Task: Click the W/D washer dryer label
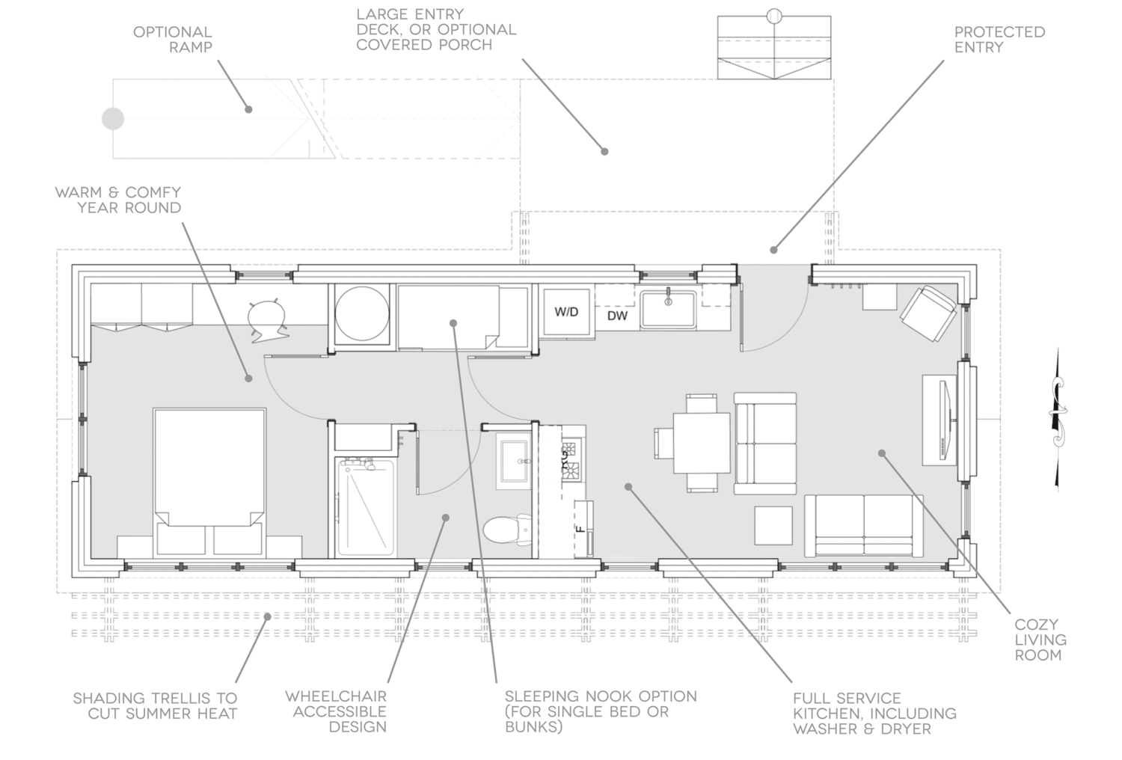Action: click(566, 312)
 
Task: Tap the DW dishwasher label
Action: click(617, 316)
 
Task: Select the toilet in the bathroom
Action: click(507, 529)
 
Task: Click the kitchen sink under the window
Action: click(668, 309)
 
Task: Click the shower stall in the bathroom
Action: click(365, 507)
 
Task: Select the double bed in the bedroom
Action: click(209, 482)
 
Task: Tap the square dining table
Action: click(702, 443)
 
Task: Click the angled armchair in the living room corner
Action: click(928, 313)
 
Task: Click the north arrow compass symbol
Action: click(1058, 419)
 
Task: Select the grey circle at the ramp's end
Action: click(113, 119)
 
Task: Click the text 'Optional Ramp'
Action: click(173, 40)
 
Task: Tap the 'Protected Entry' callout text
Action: click(999, 40)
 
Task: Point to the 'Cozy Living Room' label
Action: click(1040, 640)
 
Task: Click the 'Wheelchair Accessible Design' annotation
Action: click(336, 711)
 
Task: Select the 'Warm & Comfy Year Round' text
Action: click(118, 200)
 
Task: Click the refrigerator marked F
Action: click(583, 529)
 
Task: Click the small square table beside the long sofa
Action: click(773, 526)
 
